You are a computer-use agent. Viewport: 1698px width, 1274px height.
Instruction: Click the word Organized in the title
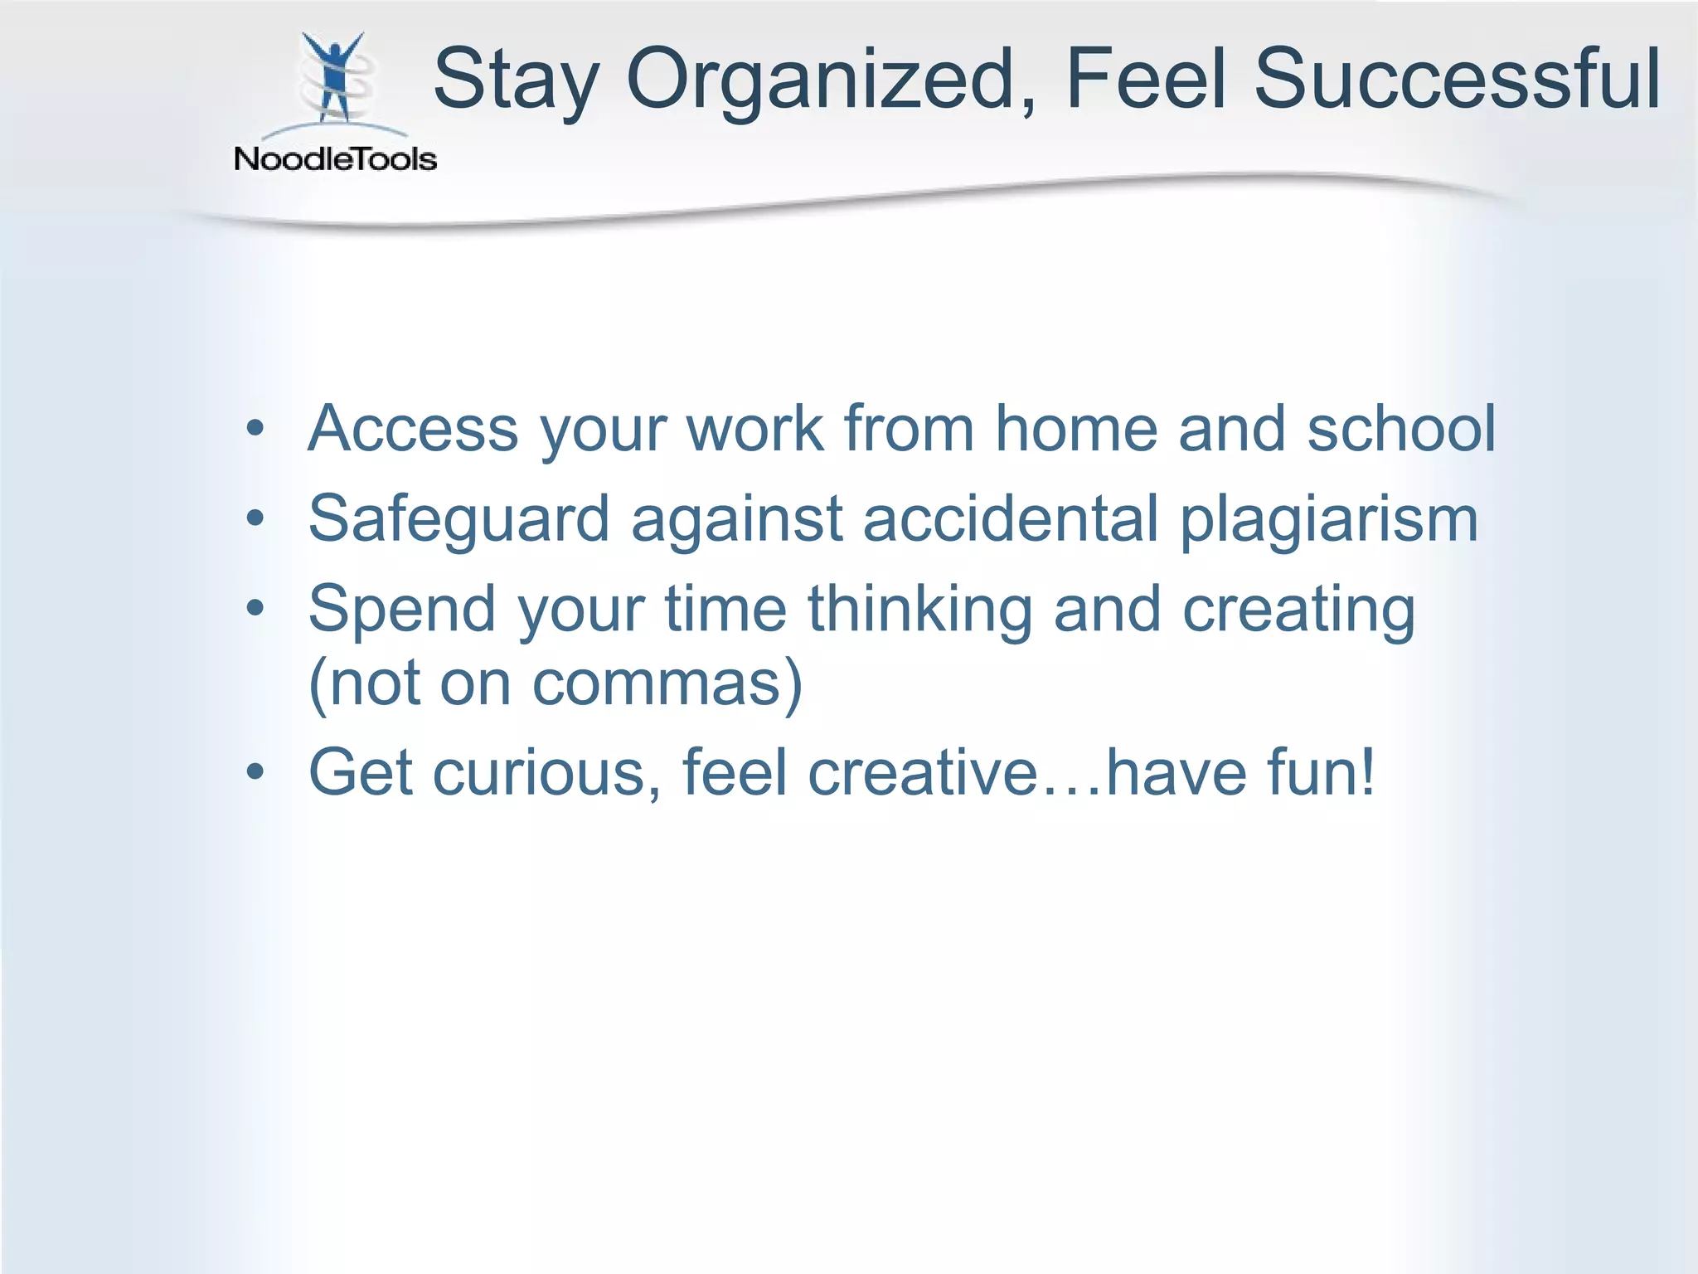(821, 80)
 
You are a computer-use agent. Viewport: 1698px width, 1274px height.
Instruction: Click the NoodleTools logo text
(335, 158)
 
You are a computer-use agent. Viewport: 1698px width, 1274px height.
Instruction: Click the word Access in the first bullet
(413, 429)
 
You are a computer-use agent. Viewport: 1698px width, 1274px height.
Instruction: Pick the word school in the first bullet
(1401, 429)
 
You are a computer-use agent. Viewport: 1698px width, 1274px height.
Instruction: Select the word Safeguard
(458, 519)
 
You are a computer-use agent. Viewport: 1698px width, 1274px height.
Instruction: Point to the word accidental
(1010, 519)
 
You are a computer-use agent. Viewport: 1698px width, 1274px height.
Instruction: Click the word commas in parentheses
(655, 684)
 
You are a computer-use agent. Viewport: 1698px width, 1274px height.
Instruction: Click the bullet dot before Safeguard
(255, 519)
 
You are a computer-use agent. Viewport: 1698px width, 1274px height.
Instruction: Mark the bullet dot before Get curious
(255, 772)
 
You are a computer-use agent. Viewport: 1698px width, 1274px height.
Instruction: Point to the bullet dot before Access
(255, 429)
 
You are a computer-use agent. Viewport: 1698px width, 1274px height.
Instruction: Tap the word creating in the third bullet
(1298, 610)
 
